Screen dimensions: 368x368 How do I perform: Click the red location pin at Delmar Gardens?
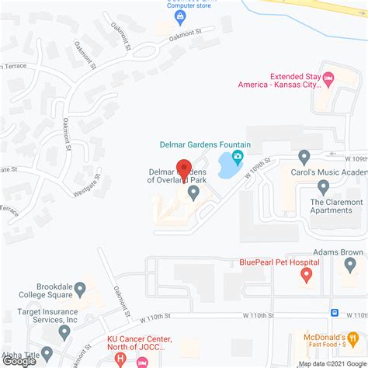point(184,168)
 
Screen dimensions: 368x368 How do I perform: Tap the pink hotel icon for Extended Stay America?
point(328,77)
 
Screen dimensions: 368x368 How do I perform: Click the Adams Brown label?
point(339,252)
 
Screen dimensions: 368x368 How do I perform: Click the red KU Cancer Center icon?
point(142,363)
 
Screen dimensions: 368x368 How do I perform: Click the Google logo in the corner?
point(19,360)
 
